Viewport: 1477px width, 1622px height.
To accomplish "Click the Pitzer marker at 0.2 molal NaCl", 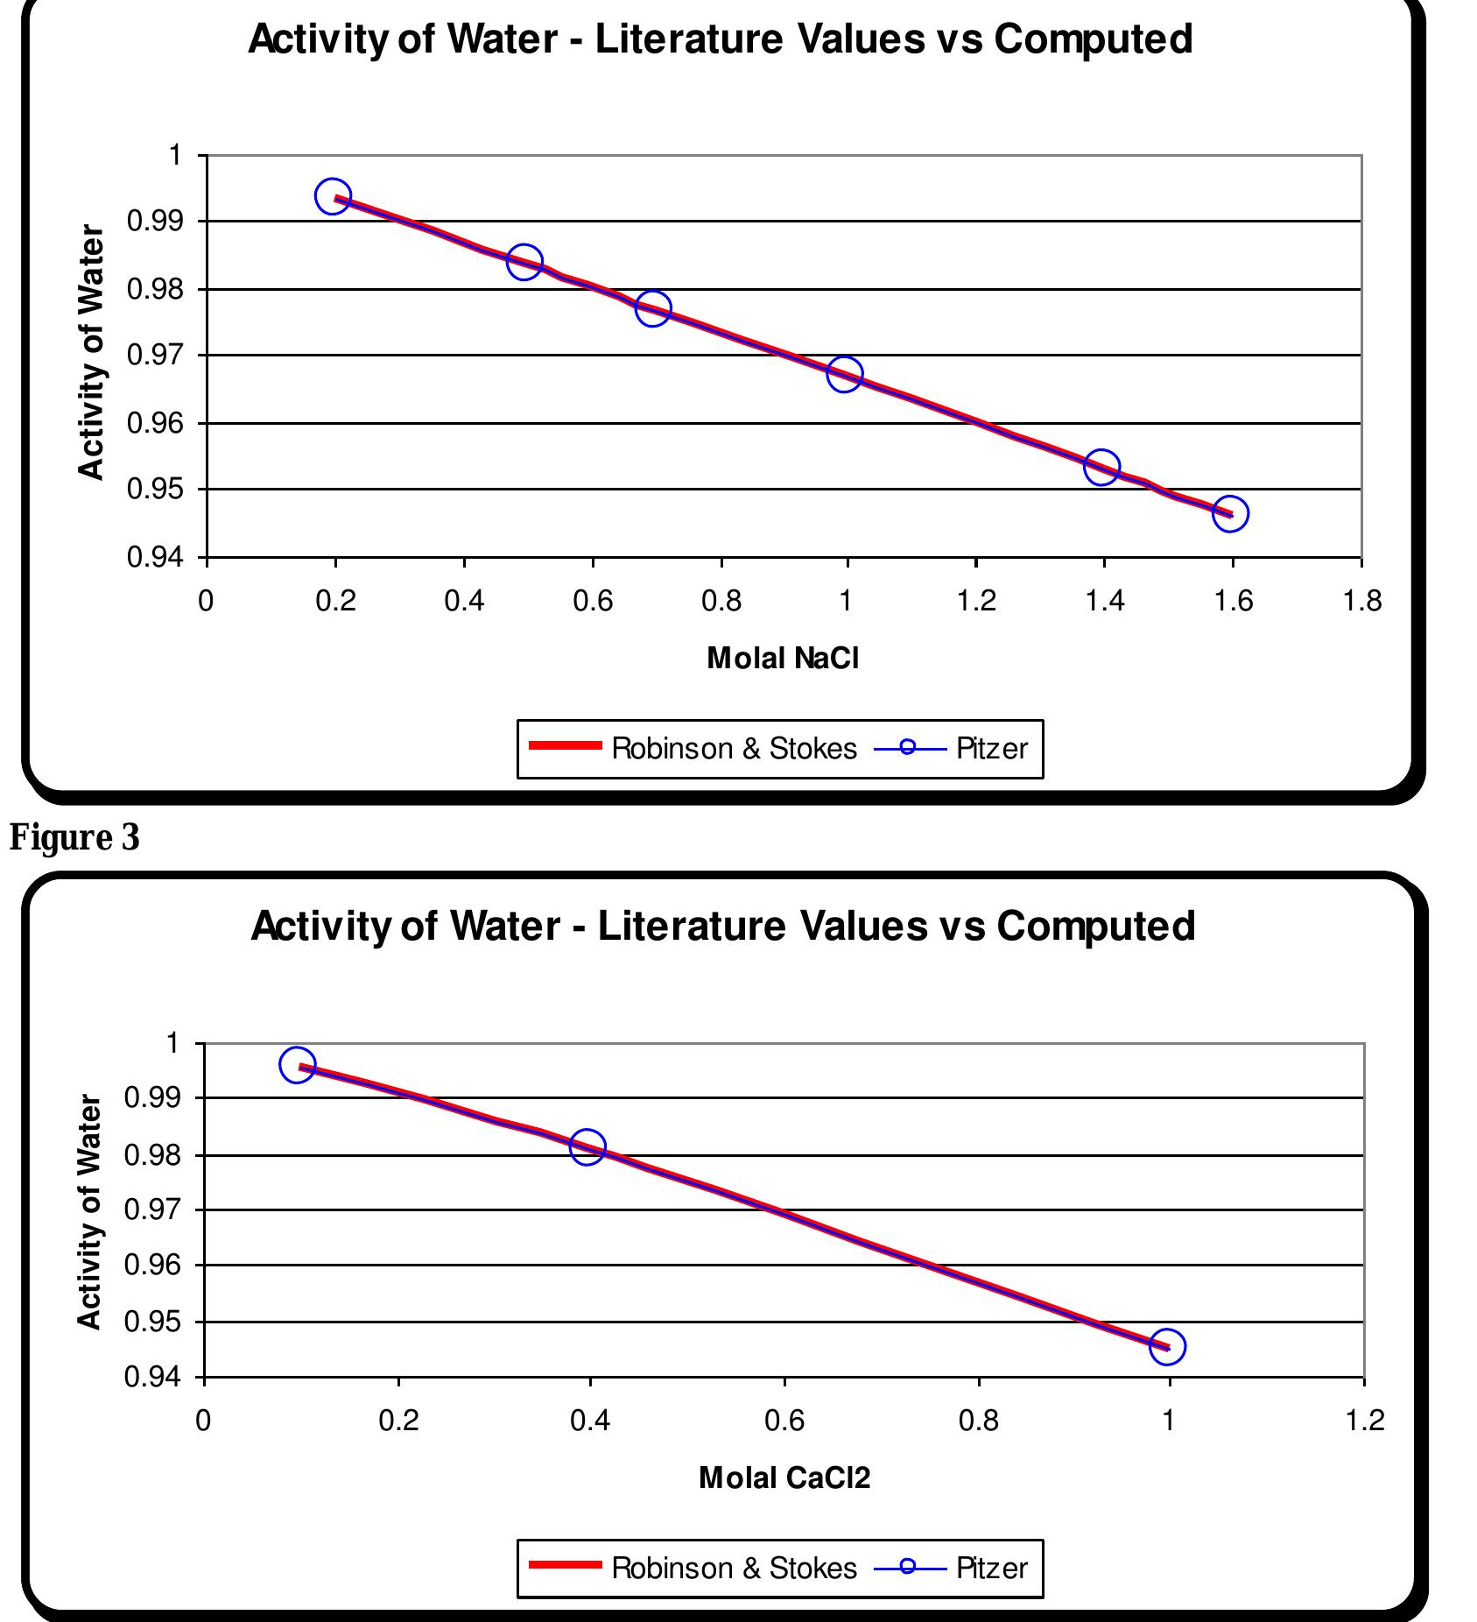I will click(x=333, y=196).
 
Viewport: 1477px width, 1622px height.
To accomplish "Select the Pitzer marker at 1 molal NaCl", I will click(x=844, y=375).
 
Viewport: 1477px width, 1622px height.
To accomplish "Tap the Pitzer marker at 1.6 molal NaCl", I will click(x=1230, y=514).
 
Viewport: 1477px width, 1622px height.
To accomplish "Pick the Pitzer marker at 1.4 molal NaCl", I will click(x=1101, y=467).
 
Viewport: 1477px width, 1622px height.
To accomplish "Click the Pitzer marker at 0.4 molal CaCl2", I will click(x=587, y=1147).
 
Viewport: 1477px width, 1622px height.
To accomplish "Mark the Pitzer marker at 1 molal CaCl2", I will click(x=1167, y=1346).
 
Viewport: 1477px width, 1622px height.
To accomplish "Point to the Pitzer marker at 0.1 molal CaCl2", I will click(x=297, y=1065).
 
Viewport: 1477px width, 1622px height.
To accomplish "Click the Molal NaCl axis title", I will click(x=783, y=658).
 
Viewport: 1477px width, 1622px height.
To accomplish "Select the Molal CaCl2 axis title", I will click(x=784, y=1477).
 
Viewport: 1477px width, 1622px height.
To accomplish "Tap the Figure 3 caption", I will click(x=74, y=838).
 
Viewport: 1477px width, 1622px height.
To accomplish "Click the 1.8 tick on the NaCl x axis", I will click(x=1361, y=601).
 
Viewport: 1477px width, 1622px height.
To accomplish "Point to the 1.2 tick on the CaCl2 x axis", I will click(x=1363, y=1421).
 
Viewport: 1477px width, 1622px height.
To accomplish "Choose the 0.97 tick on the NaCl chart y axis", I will click(x=154, y=356).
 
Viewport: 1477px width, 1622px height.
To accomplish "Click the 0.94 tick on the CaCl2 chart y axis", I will click(x=152, y=1378).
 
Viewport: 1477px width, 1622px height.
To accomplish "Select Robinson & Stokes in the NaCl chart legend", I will click(x=734, y=749).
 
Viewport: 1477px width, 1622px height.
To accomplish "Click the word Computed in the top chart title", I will click(x=1092, y=39).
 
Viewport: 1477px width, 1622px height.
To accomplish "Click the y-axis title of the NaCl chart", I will click(x=91, y=352).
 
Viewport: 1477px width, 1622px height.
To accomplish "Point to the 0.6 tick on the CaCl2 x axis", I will click(x=784, y=1421).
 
